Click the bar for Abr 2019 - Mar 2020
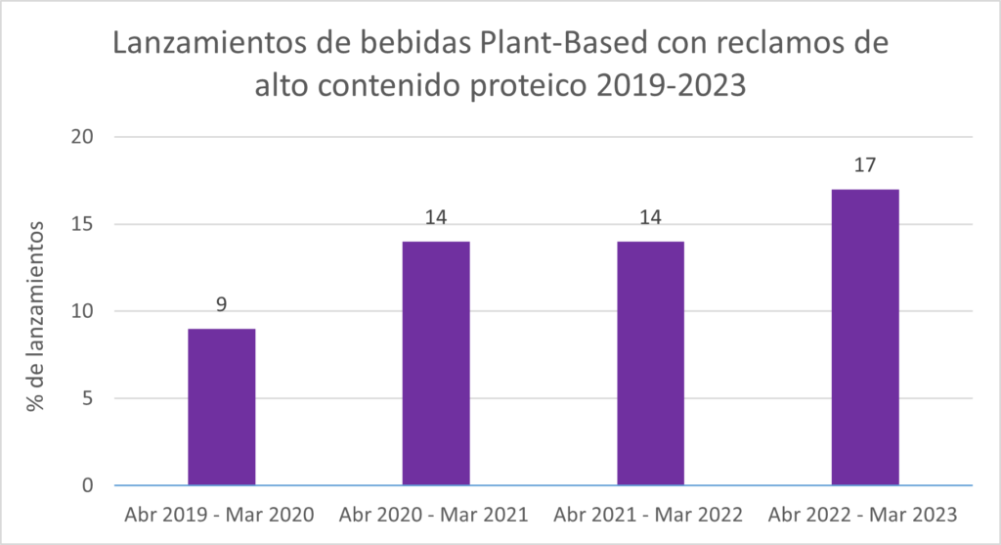(x=222, y=407)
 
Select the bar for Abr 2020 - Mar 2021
(x=436, y=363)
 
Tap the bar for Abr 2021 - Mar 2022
(x=650, y=363)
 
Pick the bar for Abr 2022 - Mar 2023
(x=864, y=338)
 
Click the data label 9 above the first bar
(x=222, y=305)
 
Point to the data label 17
(x=864, y=165)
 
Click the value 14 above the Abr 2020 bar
(x=436, y=218)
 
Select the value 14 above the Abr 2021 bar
(x=650, y=218)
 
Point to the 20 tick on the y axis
(x=82, y=137)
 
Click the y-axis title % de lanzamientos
(x=36, y=316)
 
